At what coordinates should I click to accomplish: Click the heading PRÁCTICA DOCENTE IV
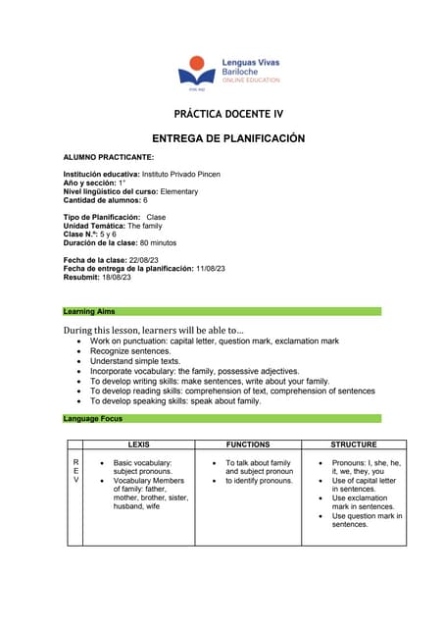(x=221, y=115)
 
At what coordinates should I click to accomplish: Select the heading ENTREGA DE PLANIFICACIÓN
(x=229, y=138)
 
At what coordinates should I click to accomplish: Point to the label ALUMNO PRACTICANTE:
(x=108, y=157)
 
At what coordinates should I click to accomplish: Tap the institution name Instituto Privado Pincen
(x=179, y=174)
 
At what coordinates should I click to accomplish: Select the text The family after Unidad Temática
(x=146, y=226)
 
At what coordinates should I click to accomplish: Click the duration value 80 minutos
(x=158, y=242)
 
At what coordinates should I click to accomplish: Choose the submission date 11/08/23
(x=211, y=268)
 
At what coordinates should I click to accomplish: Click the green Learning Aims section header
(x=222, y=311)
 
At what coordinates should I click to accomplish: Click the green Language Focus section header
(x=222, y=419)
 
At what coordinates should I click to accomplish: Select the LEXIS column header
(x=139, y=445)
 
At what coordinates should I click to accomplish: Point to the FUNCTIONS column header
(x=247, y=445)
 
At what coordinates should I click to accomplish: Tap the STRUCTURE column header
(x=353, y=445)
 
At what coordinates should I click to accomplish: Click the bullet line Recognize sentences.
(x=130, y=350)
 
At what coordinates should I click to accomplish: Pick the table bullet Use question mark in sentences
(x=367, y=520)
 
